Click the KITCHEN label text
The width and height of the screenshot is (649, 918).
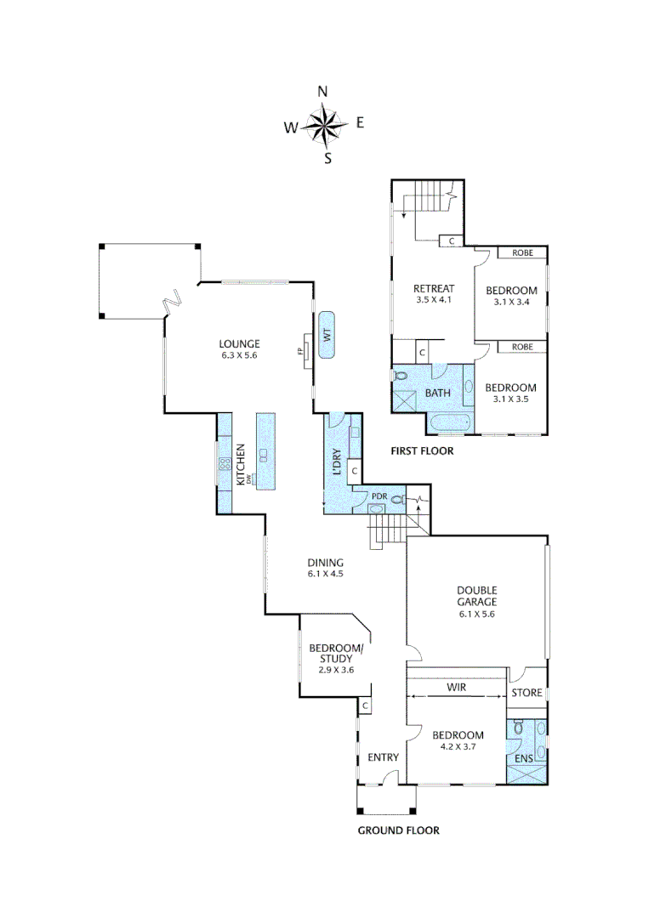[x=242, y=465]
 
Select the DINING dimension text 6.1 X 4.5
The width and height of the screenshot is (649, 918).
[x=326, y=574]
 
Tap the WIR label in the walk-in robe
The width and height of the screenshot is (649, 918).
[x=456, y=686]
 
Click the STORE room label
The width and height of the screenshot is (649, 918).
[x=527, y=693]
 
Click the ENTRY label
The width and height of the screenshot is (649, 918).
[x=383, y=757]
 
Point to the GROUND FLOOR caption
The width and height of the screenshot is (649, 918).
[x=398, y=830]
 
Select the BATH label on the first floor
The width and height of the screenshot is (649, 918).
[x=437, y=393]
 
